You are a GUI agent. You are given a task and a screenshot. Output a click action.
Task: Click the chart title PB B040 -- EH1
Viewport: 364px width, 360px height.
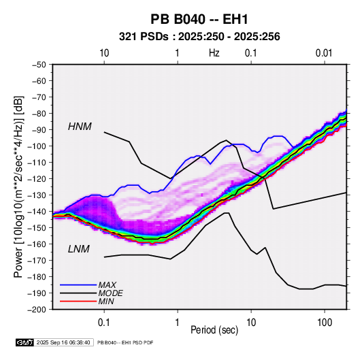click(199, 19)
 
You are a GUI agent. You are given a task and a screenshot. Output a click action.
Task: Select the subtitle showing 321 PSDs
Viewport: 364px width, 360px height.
click(199, 37)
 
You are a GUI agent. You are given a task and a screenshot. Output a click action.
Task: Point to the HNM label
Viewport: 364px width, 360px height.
click(80, 127)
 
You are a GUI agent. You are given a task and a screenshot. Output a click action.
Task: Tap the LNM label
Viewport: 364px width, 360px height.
click(79, 249)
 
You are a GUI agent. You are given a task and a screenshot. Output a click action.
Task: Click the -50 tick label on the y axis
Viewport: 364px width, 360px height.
click(39, 65)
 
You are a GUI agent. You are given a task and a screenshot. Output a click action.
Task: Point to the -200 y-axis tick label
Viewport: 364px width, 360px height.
click(37, 310)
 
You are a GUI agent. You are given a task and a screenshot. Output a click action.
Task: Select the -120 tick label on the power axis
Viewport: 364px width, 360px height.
click(37, 179)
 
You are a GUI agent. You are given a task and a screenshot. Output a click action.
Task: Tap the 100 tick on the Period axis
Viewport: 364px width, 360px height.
click(325, 323)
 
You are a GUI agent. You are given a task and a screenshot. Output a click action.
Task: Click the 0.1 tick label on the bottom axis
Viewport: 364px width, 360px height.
click(104, 323)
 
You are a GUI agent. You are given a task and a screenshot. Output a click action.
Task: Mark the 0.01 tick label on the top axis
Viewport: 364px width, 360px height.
click(324, 53)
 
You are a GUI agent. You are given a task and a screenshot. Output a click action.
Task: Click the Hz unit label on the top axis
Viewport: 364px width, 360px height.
click(214, 53)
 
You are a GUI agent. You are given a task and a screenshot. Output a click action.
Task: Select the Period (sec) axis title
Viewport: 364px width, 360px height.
click(214, 330)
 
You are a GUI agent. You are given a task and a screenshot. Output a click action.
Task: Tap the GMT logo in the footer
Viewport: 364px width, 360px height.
click(25, 342)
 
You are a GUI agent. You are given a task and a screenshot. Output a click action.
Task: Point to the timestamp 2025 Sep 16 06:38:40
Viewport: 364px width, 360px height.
click(63, 342)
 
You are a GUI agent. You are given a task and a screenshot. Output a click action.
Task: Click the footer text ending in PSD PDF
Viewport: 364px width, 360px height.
click(125, 342)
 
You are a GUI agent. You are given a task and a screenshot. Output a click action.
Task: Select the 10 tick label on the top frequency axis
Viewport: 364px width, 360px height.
click(104, 53)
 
